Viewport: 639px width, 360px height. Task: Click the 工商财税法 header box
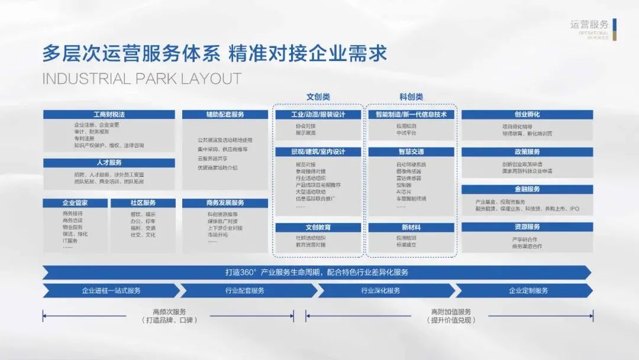[x=109, y=114]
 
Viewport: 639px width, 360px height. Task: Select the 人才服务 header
[x=109, y=163]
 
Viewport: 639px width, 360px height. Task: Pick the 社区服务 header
[x=143, y=202]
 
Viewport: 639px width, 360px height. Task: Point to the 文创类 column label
[x=318, y=97]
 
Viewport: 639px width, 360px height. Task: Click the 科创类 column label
[x=411, y=97]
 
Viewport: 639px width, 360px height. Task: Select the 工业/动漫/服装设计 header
[x=318, y=114]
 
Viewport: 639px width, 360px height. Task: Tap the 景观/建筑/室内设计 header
[x=318, y=152]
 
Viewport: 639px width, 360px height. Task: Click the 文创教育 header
[x=318, y=227]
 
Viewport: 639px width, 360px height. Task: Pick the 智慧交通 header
[x=411, y=152]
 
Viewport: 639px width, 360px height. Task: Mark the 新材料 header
[x=411, y=227]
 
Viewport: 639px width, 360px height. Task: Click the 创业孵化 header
[x=527, y=114]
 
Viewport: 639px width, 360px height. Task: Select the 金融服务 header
[x=527, y=189]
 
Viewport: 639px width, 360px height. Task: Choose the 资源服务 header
[x=527, y=227]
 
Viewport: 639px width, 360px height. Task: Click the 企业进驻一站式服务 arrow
[x=111, y=291]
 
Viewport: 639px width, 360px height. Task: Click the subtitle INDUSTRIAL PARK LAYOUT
[x=142, y=79]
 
